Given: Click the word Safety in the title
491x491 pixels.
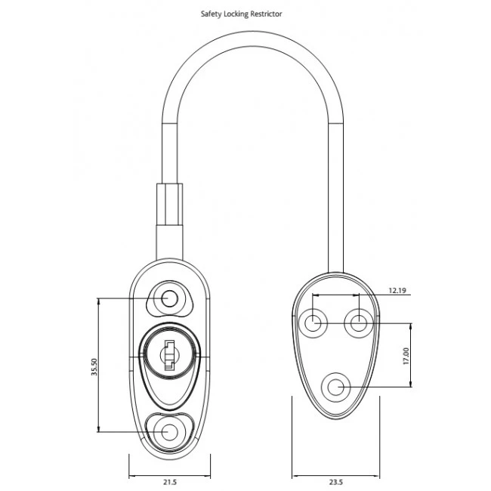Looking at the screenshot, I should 212,14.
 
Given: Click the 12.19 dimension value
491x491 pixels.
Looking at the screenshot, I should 397,289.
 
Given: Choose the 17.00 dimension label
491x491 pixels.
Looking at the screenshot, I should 406,356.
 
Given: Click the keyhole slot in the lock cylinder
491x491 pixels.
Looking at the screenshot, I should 169,355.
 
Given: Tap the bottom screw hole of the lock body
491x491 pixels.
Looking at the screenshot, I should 169,431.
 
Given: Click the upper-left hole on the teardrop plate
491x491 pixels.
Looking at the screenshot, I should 313,324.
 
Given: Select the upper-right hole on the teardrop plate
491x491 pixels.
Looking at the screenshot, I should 357,324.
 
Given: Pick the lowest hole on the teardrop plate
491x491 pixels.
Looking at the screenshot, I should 335,388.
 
